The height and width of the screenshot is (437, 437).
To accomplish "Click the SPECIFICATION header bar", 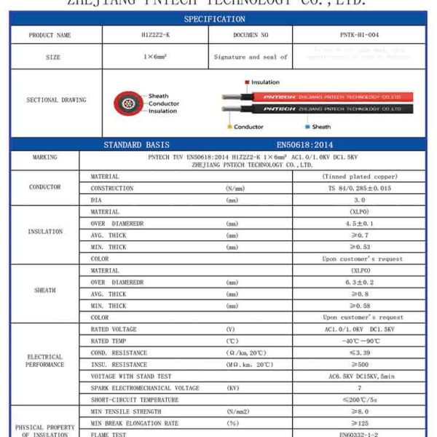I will click(214, 19).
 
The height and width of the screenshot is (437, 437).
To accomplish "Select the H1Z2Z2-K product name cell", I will click(154, 35).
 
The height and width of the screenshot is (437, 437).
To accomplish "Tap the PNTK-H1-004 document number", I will click(358, 35).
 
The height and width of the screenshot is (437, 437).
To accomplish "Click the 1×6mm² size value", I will click(154, 57).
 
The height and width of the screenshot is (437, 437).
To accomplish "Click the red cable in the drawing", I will click(320, 96).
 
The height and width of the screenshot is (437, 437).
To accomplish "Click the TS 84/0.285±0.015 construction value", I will click(359, 189).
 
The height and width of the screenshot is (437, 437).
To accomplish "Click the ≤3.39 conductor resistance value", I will click(359, 353).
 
